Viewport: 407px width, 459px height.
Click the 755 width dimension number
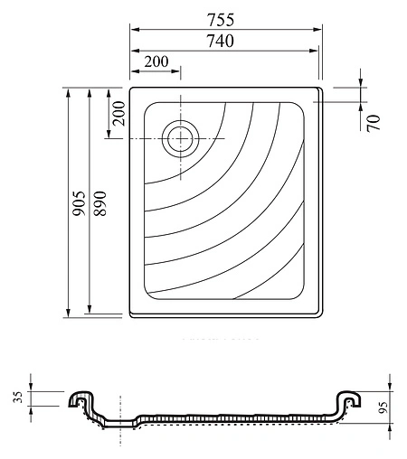click(221, 20)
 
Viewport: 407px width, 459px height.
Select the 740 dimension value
click(221, 41)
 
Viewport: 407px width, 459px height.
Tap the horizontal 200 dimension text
click(156, 61)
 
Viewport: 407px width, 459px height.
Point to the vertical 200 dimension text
click(118, 113)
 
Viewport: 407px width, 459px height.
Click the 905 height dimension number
click(80, 203)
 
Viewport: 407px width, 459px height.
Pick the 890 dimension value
click(100, 203)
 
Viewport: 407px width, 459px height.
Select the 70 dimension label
click(374, 123)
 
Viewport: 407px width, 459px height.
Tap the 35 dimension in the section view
click(18, 398)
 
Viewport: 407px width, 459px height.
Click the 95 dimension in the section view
click(383, 407)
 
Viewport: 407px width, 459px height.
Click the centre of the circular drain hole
click(180, 139)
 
